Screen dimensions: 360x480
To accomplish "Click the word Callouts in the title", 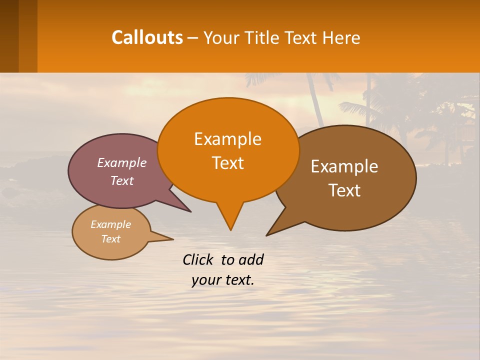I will [x=147, y=37].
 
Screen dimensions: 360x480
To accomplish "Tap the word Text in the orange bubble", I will [x=228, y=163].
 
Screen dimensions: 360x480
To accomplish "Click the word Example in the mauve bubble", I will [x=121, y=162].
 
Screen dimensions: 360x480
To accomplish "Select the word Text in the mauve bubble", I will [x=121, y=180].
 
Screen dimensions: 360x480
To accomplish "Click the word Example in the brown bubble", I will [x=344, y=166].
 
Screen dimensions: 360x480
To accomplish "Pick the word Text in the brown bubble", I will [x=344, y=190].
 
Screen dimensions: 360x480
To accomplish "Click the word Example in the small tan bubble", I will [x=110, y=224].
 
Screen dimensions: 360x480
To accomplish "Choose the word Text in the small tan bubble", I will [x=110, y=239].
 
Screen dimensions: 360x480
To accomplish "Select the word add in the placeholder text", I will [x=251, y=259].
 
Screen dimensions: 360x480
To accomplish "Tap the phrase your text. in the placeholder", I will [x=222, y=280].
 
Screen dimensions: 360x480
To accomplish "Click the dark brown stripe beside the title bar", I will [x=9, y=36].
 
